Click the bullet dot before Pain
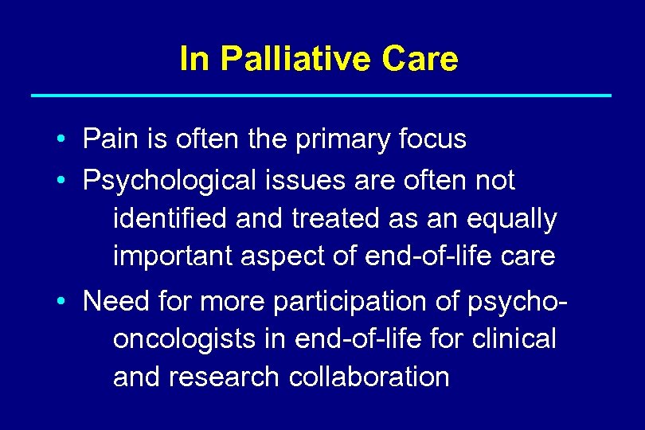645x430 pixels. pos(61,140)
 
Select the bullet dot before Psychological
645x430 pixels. pos(61,182)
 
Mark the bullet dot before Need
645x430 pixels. pos(61,302)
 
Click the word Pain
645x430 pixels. pos(108,139)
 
